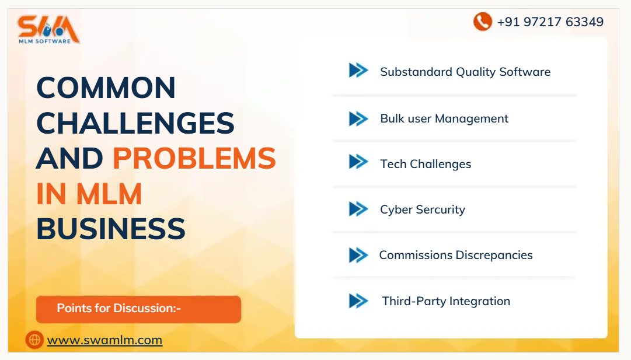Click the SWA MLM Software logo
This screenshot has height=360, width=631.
pos(48,29)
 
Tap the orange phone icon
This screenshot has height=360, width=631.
pos(482,22)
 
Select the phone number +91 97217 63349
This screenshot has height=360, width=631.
pos(550,22)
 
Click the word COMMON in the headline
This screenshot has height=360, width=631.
pos(106,88)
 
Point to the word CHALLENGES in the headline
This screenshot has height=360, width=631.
pos(135,123)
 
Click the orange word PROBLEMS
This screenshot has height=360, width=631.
pos(194,158)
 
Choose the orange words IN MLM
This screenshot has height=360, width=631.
pos(89,194)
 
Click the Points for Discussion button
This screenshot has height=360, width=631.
pos(138,309)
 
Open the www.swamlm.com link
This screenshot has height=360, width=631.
pos(104,340)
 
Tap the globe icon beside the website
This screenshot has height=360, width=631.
pos(34,340)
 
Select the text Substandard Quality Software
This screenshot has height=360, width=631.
pos(465,72)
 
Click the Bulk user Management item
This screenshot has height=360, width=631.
pos(444,118)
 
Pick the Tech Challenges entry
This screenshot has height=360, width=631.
pos(426,164)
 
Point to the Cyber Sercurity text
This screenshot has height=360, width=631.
pos(423,209)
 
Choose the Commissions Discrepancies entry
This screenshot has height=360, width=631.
pos(456,255)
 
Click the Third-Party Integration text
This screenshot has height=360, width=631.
pos(446,301)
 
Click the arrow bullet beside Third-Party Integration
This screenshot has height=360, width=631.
pos(358,301)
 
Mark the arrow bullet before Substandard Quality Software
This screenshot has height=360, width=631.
pos(358,70)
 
